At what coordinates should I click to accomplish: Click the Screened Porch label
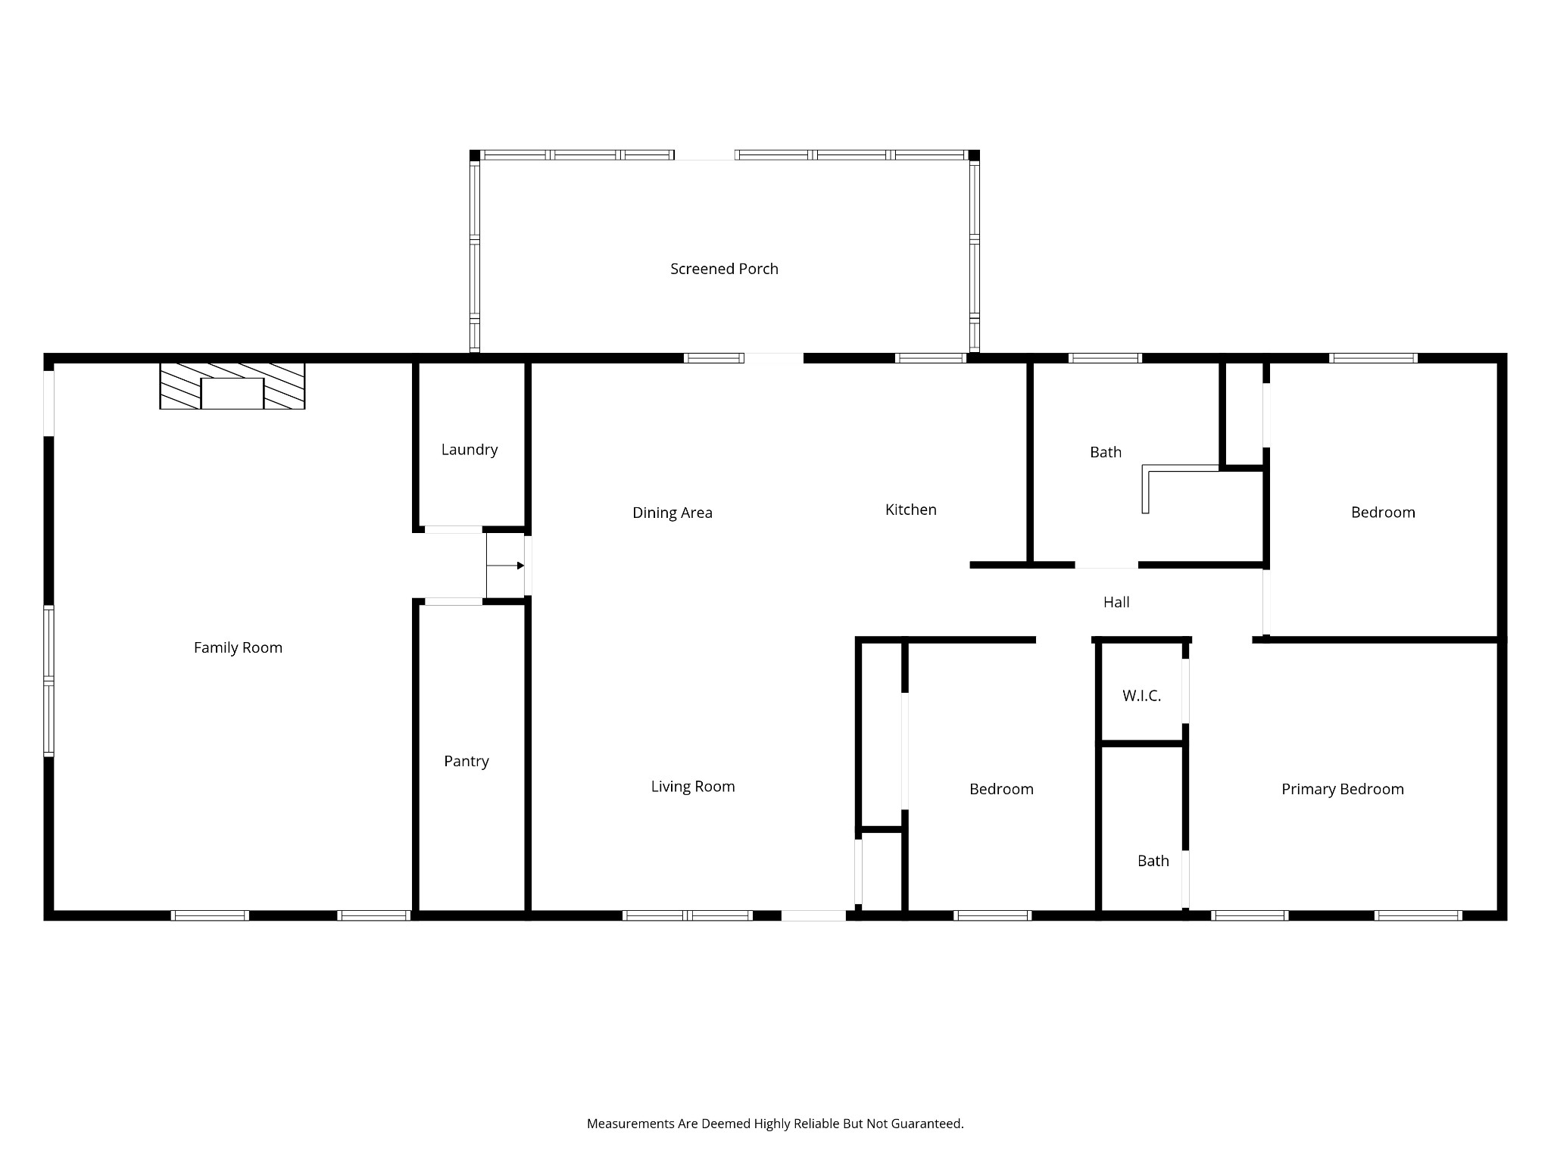pyautogui.click(x=724, y=269)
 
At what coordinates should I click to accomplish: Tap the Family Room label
pyautogui.click(x=238, y=647)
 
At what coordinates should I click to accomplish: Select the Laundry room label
pyautogui.click(x=470, y=450)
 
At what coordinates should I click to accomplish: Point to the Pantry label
pyautogui.click(x=467, y=761)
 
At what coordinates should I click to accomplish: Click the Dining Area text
pyautogui.click(x=673, y=513)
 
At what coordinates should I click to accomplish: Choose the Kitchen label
pyautogui.click(x=911, y=510)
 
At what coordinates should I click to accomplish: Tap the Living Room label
pyautogui.click(x=693, y=787)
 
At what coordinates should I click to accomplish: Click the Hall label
pyautogui.click(x=1116, y=602)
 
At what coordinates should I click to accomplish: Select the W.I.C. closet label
pyautogui.click(x=1141, y=696)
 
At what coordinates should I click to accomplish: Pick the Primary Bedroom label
pyautogui.click(x=1343, y=789)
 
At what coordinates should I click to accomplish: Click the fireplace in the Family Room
pyautogui.click(x=232, y=386)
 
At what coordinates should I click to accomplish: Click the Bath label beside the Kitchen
pyautogui.click(x=1106, y=452)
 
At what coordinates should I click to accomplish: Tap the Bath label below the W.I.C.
pyautogui.click(x=1153, y=861)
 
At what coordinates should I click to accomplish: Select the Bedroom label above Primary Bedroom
pyautogui.click(x=1383, y=513)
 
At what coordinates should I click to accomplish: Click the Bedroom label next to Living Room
pyautogui.click(x=1001, y=789)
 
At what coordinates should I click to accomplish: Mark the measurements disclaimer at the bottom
pyautogui.click(x=775, y=1124)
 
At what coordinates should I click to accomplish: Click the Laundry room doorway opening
pyautogui.click(x=453, y=529)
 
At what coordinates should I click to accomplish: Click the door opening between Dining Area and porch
pyautogui.click(x=773, y=358)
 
